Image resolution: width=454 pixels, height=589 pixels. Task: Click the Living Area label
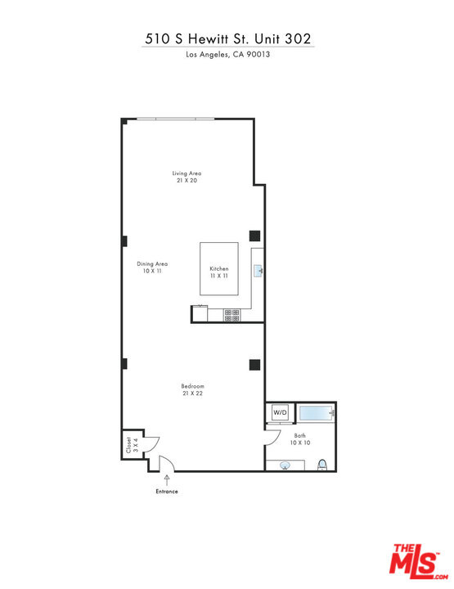[187, 177]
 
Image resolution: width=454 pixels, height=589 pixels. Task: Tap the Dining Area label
[152, 267]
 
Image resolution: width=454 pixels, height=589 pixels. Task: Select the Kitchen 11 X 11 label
[219, 272]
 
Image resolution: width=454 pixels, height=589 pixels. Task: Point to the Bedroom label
[192, 389]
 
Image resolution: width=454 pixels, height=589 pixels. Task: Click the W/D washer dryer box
[280, 412]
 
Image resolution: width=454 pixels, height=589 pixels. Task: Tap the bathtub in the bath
[316, 413]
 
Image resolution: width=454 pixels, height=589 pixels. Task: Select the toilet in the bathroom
[322, 465]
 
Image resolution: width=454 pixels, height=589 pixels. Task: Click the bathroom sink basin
[285, 465]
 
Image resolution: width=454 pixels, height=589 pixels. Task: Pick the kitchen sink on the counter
[258, 271]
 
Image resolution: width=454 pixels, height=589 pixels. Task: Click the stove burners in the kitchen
[232, 315]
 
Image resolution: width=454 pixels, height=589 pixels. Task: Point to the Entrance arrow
[167, 479]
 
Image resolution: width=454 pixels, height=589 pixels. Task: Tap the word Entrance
[167, 492]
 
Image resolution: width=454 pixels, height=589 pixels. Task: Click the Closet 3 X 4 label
[132, 444]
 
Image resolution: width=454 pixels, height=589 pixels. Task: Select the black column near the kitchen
[254, 236]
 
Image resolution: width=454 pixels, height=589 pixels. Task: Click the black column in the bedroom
[254, 365]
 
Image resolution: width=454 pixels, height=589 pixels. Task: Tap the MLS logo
[418, 561]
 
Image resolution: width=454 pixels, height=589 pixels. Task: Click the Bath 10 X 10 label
[300, 439]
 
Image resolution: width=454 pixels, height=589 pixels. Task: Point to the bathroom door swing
[273, 438]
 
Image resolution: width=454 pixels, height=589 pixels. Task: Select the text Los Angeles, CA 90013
[228, 54]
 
